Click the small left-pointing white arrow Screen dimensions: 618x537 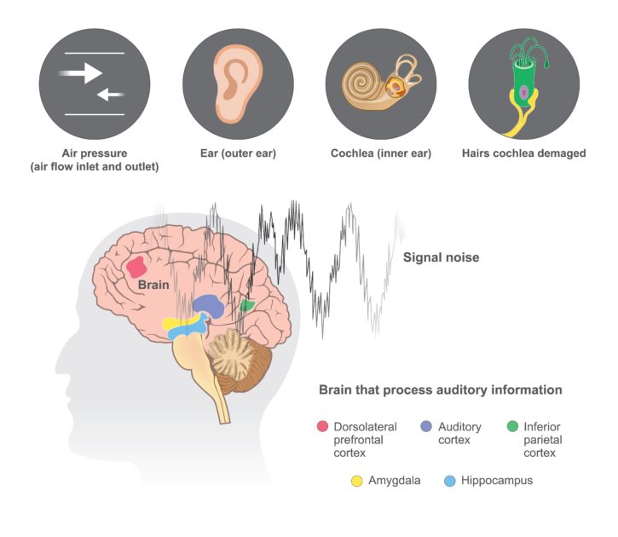point(111,95)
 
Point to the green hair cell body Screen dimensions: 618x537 point(523,84)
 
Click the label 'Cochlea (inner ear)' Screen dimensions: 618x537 point(381,153)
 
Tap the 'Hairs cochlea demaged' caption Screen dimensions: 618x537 point(523,153)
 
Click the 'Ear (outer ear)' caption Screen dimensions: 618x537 point(238,153)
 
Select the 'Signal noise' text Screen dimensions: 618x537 point(441,257)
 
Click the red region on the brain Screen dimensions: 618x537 point(136,267)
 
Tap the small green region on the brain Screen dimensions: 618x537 point(247,305)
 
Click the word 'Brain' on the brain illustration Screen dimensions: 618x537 point(153,285)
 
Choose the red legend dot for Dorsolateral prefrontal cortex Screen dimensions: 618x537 point(322,426)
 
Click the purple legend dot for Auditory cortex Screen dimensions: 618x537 point(426,426)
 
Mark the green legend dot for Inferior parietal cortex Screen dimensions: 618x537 point(512,426)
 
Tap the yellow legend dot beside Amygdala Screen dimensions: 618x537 point(356,481)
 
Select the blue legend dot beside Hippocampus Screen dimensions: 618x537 point(450,481)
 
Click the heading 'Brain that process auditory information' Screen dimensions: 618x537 point(440,390)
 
